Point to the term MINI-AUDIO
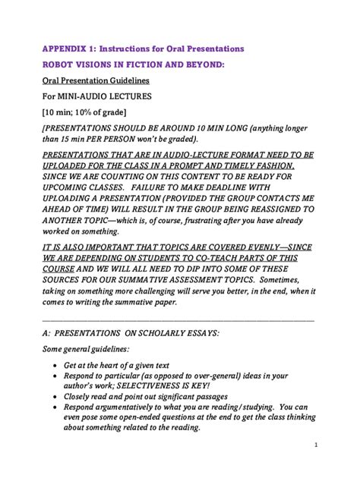(87, 96)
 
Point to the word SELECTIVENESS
(151, 385)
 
